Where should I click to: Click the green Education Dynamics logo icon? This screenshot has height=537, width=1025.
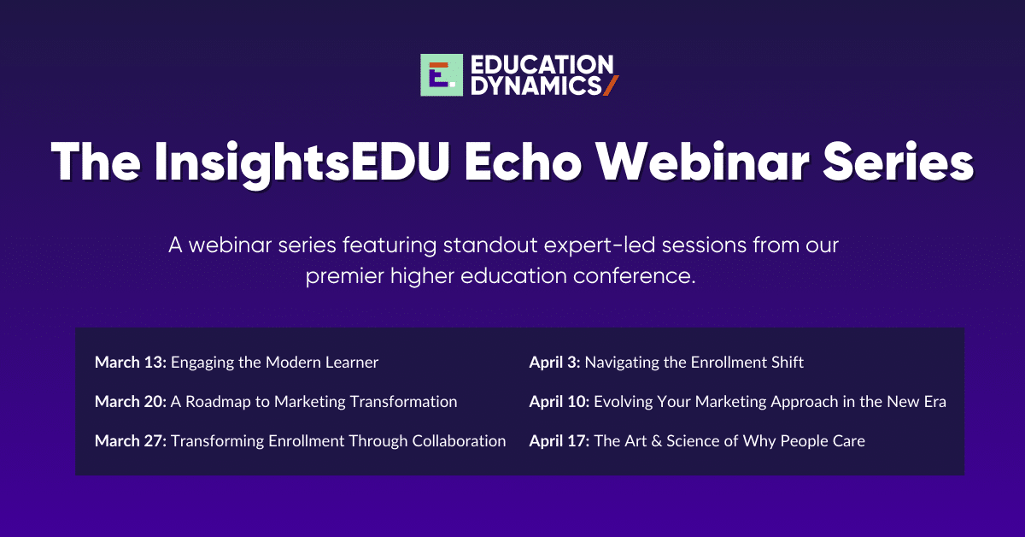tap(441, 75)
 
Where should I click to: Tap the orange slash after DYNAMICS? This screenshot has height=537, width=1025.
tap(610, 86)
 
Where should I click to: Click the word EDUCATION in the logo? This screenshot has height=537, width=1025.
tap(541, 65)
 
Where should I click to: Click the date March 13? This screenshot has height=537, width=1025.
tap(131, 363)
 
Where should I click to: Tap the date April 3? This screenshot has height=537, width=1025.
tap(554, 363)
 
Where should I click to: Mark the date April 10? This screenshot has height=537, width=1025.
tap(559, 402)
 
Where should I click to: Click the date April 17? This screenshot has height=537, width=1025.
tap(559, 441)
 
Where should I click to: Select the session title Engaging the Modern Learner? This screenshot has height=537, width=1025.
tap(274, 363)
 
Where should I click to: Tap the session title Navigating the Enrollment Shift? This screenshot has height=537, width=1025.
tap(694, 363)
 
